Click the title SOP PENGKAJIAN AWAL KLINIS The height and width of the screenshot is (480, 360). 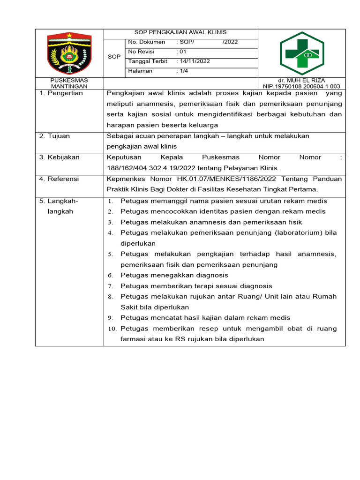pyautogui.click(x=180, y=32)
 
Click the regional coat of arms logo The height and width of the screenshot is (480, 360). pyautogui.click(x=69, y=53)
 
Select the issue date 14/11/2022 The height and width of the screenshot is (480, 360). pyautogui.click(x=194, y=61)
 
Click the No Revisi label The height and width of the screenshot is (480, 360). pyautogui.click(x=141, y=52)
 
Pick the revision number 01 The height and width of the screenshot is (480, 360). pyautogui.click(x=183, y=52)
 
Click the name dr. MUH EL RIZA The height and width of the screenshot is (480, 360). pyautogui.click(x=301, y=81)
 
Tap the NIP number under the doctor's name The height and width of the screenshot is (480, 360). pyautogui.click(x=301, y=87)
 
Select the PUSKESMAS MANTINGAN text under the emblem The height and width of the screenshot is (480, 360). pyautogui.click(x=69, y=83)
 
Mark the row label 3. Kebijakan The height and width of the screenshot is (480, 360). pyautogui.click(x=60, y=157)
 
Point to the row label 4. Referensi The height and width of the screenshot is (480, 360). pyautogui.click(x=60, y=179)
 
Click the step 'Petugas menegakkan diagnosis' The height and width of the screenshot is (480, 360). pyautogui.click(x=174, y=275)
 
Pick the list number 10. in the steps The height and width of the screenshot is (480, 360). pyautogui.click(x=112, y=329)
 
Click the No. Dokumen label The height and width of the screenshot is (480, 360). pyautogui.click(x=147, y=42)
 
